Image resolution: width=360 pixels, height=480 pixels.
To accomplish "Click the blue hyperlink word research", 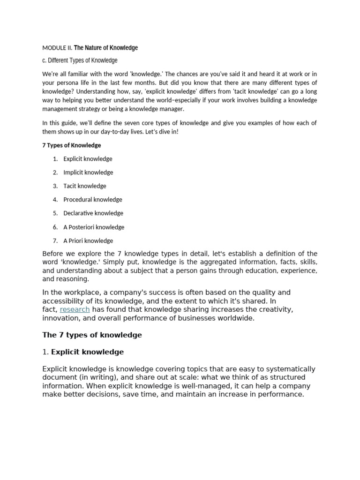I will coord(75,309).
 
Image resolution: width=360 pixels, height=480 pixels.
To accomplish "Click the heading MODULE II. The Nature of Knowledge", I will coord(90,48).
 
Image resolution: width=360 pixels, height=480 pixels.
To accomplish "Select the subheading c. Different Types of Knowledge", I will coord(80,60).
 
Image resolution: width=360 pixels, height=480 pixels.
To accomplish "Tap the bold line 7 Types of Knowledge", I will coord(71,145).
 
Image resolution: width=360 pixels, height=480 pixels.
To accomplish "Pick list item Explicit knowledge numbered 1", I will coord(88,159).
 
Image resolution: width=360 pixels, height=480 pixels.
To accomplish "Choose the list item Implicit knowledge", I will coord(88,172).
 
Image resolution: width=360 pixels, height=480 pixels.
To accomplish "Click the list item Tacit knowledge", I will coord(85,186).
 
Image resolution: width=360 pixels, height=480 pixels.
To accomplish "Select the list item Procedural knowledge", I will coord(93,200).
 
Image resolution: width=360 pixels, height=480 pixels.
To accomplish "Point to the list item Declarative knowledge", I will coord(93,213).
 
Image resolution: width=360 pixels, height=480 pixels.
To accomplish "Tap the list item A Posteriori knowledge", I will coord(94,227).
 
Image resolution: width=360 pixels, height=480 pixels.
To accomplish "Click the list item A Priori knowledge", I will coord(88,241).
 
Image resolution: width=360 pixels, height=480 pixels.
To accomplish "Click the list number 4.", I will coord(55,200).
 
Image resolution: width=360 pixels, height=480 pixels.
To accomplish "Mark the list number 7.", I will coord(55,241).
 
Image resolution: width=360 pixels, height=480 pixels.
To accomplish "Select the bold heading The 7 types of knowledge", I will coord(92,335).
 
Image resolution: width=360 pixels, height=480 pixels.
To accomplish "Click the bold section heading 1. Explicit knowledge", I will coord(83,352).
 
